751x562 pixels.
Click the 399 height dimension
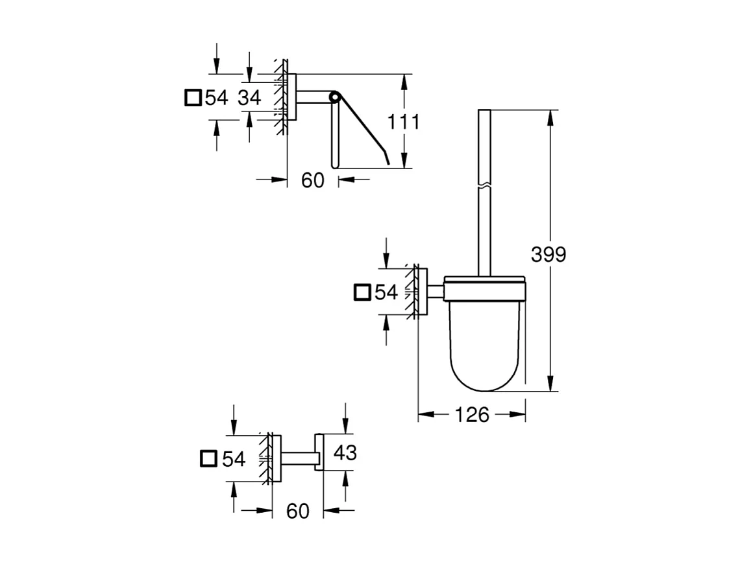pos(548,255)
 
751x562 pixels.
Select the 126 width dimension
pos(472,415)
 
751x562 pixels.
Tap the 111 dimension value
pos(403,121)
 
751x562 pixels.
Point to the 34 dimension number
pos(249,98)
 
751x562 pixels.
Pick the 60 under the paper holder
pos(312,181)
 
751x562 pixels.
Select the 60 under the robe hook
pos(297,511)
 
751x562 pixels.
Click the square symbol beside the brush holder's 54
pos(362,292)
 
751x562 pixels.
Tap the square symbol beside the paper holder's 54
pos(193,98)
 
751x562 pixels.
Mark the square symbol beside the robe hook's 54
pos(209,459)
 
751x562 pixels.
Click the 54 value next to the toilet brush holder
pos(386,292)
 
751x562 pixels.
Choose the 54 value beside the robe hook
pos(234,459)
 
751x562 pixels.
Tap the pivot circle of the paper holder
pos(334,98)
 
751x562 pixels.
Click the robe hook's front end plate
pos(319,452)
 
